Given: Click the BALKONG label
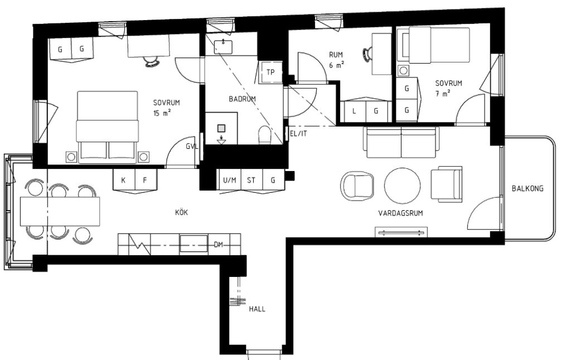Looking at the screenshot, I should click(x=527, y=188).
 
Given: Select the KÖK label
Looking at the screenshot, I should click(x=181, y=212).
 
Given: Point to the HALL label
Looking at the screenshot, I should click(x=257, y=308).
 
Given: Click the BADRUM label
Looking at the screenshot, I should click(x=242, y=99).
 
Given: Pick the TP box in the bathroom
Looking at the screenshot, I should click(x=270, y=72).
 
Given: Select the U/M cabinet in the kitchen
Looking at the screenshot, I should click(x=230, y=180).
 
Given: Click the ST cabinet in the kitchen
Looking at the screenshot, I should click(x=251, y=180).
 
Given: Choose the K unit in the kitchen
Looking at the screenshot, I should click(x=124, y=180).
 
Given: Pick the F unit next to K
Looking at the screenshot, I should click(x=145, y=180).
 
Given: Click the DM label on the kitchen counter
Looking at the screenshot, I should click(x=219, y=245).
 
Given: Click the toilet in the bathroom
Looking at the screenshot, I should click(x=264, y=134).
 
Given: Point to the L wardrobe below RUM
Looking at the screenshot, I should click(x=354, y=111).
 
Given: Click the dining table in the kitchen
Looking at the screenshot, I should click(x=60, y=211).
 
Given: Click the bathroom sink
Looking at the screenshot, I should click(x=223, y=45).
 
